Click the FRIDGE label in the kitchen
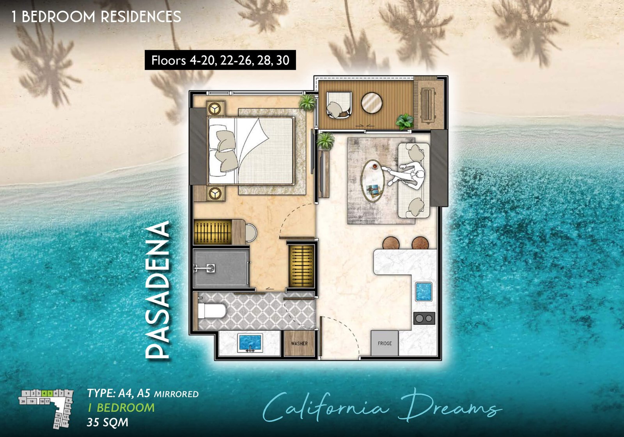(x=385, y=343)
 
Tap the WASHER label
(x=299, y=344)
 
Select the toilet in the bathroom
(x=212, y=311)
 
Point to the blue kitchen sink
(x=424, y=292)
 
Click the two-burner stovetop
(x=424, y=318)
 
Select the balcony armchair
(x=339, y=104)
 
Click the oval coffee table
(x=373, y=181)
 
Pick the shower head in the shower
(x=211, y=268)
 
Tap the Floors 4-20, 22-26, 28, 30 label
(x=220, y=60)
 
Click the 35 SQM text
(x=107, y=422)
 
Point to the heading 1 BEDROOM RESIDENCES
(x=96, y=17)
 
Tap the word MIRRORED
(x=176, y=394)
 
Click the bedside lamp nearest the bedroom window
(x=214, y=108)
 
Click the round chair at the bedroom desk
(x=251, y=233)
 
